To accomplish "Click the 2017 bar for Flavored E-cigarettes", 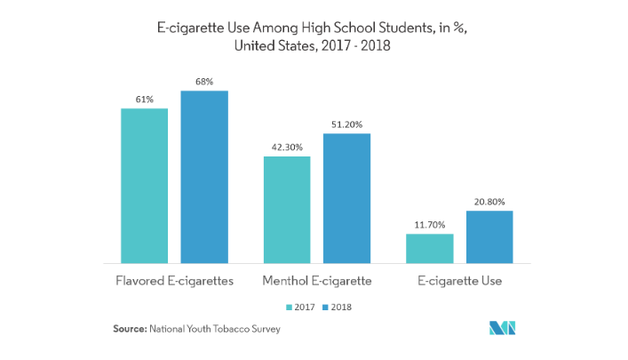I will pos(145,186).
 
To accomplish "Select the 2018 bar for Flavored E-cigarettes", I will pos(204,177).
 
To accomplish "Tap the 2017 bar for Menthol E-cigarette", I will pos(287,210).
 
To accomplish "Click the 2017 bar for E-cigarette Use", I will pos(429,249).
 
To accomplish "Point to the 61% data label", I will pos(145,99).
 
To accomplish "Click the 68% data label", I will pos(204,82).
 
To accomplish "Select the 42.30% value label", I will pos(287,148).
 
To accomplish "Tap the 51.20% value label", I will pos(346,124).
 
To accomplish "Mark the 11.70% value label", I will pos(429,225).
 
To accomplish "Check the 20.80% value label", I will pos(489,202).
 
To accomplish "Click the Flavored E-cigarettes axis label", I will pos(174,281).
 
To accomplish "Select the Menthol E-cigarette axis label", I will pos(317,281).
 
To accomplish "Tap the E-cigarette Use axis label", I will pos(459,281).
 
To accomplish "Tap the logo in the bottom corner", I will pos(506,328).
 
